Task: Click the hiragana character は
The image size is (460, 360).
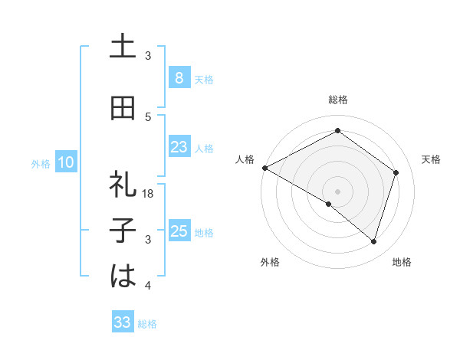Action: click(123, 277)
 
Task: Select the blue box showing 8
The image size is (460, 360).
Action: click(179, 77)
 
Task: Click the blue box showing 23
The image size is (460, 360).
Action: click(179, 147)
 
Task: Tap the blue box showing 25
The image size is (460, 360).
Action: click(179, 231)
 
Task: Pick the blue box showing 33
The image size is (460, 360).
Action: click(122, 322)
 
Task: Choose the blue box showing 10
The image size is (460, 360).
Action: click(66, 162)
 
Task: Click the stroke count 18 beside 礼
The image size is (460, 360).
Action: click(149, 194)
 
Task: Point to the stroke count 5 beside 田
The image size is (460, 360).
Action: click(148, 116)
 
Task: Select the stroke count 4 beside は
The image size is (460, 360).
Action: click(148, 286)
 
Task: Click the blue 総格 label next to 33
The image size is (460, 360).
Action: click(147, 324)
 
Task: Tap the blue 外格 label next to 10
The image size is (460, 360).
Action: click(40, 163)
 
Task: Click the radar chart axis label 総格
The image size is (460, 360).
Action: click(337, 100)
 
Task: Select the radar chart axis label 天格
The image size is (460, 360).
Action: click(431, 159)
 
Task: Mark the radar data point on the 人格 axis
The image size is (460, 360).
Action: click(264, 168)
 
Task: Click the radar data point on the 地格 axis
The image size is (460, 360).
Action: click(373, 242)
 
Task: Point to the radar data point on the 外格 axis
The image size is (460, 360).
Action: click(329, 205)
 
